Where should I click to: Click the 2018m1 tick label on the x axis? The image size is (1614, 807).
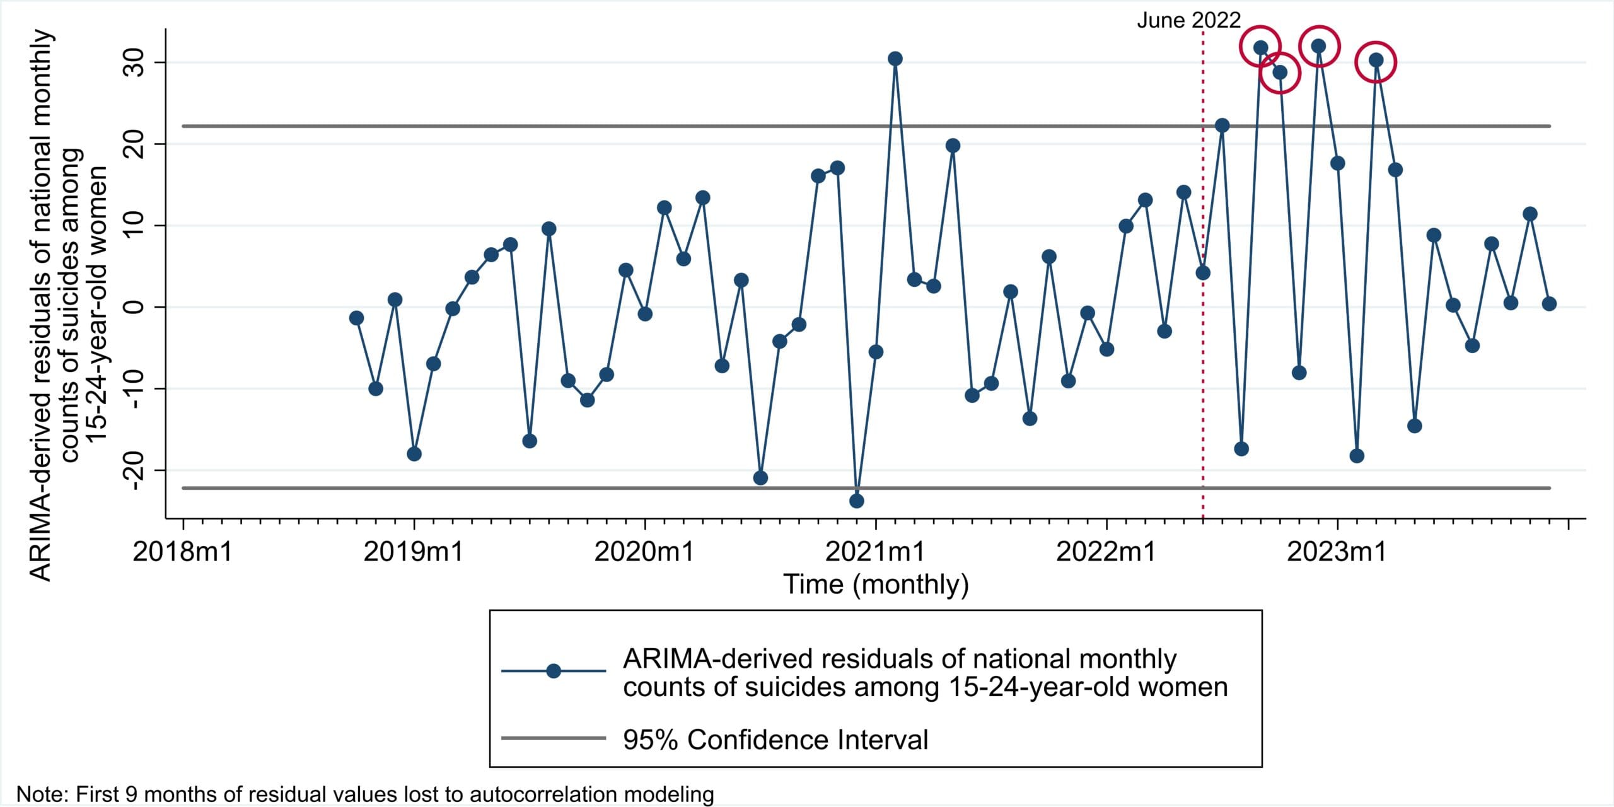182,552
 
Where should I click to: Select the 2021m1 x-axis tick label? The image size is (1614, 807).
874,552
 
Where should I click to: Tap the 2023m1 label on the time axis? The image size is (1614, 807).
1337,552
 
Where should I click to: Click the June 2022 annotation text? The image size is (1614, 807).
1188,20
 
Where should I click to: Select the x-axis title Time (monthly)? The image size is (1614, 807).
875,584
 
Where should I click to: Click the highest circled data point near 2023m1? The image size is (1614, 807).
1318,46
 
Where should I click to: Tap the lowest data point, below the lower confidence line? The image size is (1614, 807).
856,501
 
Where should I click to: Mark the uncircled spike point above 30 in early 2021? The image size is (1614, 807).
895,59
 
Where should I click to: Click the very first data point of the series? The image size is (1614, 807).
356,318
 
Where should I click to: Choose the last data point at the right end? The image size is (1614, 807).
1549,304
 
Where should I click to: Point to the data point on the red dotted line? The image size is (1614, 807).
1203,273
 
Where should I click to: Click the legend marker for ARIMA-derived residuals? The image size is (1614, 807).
554,671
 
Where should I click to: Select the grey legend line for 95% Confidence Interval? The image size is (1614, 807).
554,738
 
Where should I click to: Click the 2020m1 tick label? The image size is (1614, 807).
644,552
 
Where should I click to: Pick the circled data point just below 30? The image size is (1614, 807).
1280,73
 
